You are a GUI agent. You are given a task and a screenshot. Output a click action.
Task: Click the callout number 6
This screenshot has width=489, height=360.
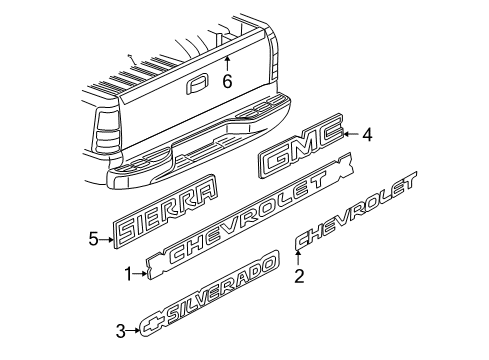tap(227, 82)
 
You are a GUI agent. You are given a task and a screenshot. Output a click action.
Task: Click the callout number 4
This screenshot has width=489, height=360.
tap(366, 133)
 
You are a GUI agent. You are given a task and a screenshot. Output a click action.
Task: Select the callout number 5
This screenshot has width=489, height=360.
tap(92, 238)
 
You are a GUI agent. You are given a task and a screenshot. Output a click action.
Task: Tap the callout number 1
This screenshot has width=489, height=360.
tap(127, 272)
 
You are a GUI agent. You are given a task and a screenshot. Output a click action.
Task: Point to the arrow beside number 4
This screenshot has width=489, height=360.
tap(347, 133)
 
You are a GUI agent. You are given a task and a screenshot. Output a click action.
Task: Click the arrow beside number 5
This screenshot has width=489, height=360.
tap(107, 238)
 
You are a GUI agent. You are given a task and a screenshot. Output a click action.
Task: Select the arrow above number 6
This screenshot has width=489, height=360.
tap(227, 63)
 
